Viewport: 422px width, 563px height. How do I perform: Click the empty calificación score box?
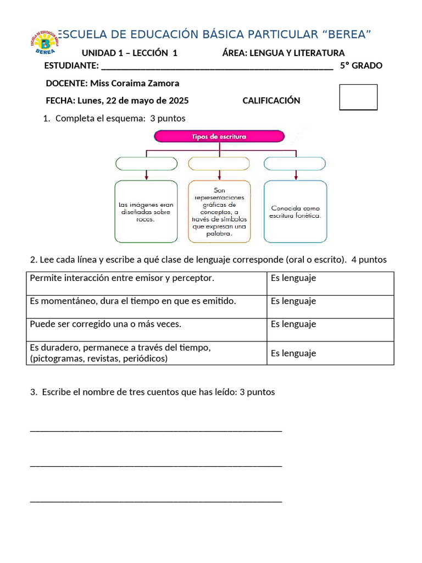point(358,97)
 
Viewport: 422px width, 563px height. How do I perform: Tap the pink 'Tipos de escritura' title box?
point(219,136)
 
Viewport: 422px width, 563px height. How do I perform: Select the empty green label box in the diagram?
point(146,163)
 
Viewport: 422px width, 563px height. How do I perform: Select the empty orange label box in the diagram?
point(219,163)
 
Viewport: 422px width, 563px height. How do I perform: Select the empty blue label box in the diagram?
point(295,163)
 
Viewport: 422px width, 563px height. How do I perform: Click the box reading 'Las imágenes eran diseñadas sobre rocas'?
point(146,212)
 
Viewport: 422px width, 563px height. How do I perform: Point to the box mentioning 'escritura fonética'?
point(295,212)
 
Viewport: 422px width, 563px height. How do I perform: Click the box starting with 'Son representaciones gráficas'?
point(219,212)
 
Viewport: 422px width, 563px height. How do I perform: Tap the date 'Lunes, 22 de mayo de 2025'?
point(133,101)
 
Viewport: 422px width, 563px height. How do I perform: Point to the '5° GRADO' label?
point(361,66)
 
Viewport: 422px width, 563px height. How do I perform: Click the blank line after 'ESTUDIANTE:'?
point(217,67)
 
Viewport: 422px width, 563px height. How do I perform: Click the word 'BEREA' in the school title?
point(347,35)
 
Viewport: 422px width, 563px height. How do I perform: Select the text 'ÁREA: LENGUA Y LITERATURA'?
point(283,53)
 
